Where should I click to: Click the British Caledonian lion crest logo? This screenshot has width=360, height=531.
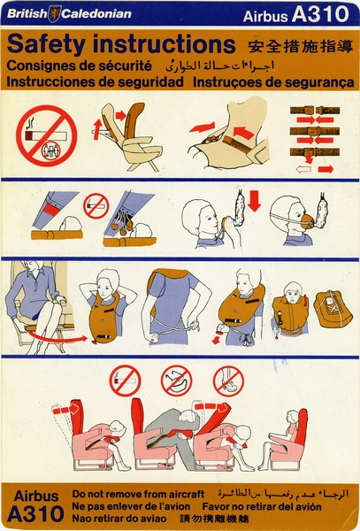click(x=55, y=13)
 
